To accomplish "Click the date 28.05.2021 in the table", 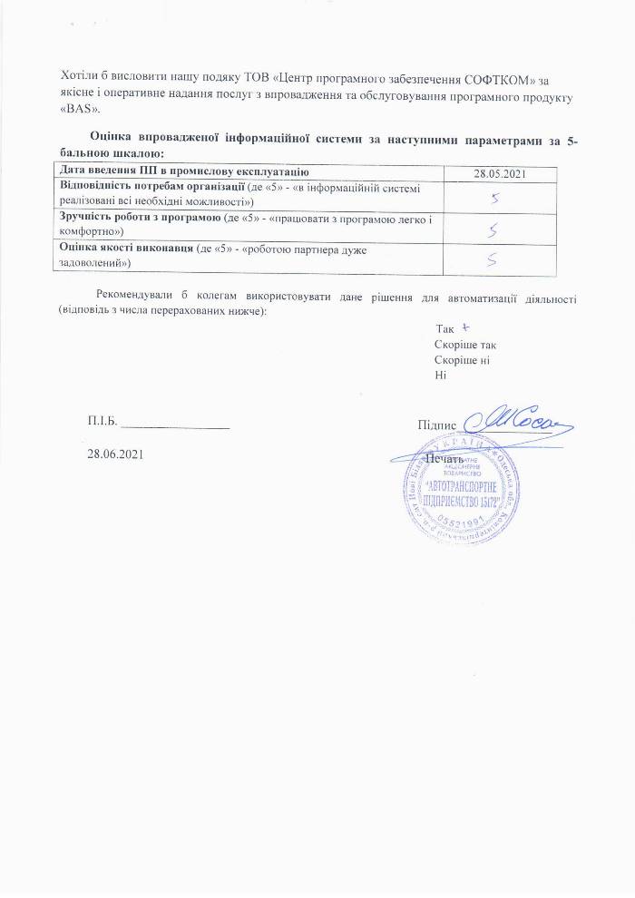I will (501, 172).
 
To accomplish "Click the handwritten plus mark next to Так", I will (464, 328).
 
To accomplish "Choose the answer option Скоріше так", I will (465, 346).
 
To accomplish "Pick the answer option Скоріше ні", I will (463, 360).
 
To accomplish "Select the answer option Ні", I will (441, 375).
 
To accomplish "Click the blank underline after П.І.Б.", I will (174, 423).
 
